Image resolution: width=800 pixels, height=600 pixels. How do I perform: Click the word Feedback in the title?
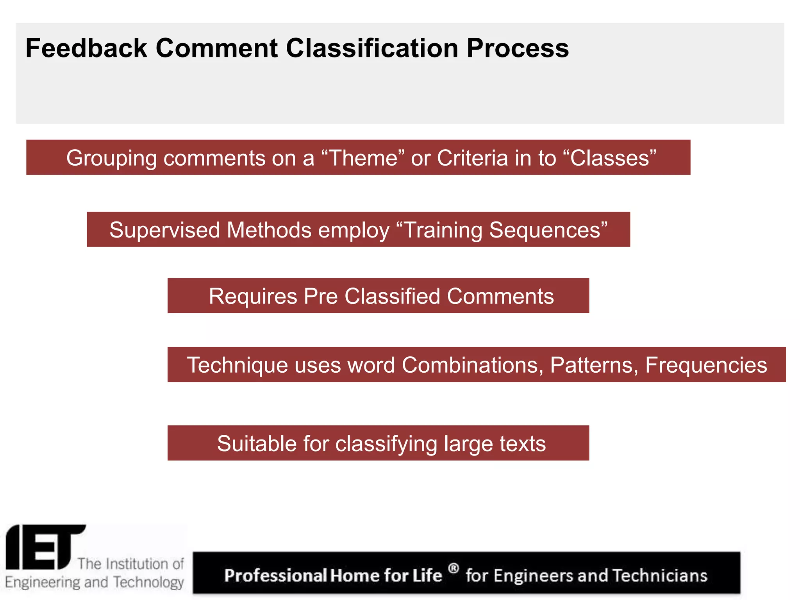[x=86, y=48]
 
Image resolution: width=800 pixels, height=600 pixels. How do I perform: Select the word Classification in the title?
[x=372, y=48]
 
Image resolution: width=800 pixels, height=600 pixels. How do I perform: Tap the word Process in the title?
[x=518, y=48]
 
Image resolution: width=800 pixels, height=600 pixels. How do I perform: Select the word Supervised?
[x=164, y=230]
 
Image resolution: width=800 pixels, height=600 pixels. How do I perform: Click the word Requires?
[x=253, y=296]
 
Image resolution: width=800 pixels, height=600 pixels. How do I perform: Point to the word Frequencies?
[x=706, y=365]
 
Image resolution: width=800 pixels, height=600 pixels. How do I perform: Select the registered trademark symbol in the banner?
[x=453, y=568]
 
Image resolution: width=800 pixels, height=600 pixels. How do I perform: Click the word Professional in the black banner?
[x=275, y=576]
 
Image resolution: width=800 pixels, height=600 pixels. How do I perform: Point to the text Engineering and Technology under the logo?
[x=94, y=582]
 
